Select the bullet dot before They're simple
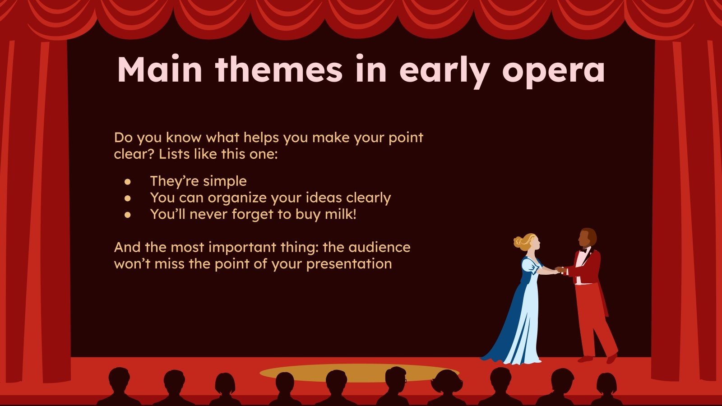click(128, 182)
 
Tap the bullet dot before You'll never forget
click(128, 215)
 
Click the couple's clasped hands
click(558, 270)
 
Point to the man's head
click(587, 238)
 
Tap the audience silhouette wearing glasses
click(396, 379)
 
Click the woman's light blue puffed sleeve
click(532, 266)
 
